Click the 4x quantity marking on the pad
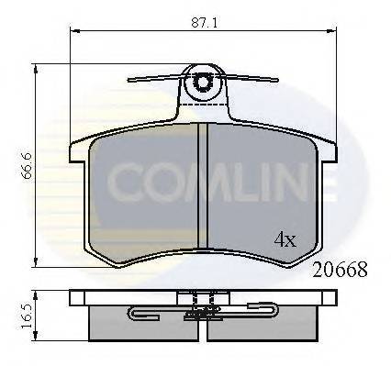[285, 239]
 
